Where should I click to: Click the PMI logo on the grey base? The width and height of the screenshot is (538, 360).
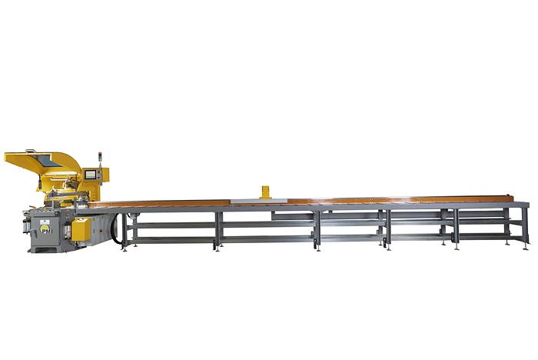click(46, 228)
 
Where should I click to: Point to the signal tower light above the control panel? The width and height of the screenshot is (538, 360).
click(99, 160)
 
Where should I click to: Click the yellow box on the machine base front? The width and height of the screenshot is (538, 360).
click(81, 228)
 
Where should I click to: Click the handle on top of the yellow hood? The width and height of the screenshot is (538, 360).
click(30, 151)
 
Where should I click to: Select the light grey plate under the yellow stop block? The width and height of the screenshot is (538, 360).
click(258, 201)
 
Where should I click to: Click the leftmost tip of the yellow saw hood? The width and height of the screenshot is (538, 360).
click(6, 157)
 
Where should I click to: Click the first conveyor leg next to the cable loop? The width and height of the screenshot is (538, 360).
click(126, 230)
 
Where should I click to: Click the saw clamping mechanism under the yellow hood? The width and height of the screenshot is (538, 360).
click(61, 196)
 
